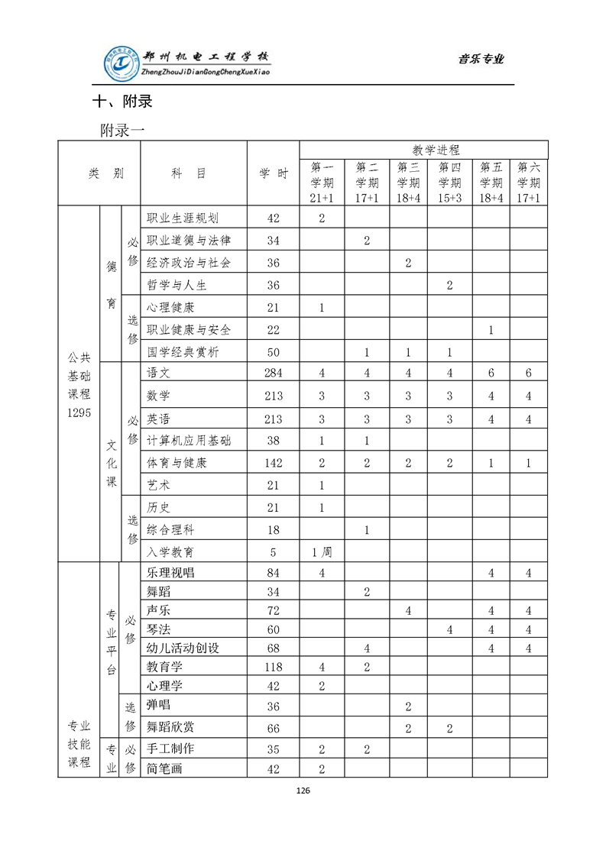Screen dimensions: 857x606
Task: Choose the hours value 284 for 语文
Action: [274, 373]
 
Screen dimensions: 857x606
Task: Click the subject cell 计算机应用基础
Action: [189, 440]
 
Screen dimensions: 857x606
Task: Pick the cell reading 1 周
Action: [322, 551]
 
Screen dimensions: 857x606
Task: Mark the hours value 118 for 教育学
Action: [274, 667]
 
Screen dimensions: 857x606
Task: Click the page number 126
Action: [303, 791]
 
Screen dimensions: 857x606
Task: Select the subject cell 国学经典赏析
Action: [183, 352]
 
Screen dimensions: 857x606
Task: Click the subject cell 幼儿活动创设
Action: [183, 648]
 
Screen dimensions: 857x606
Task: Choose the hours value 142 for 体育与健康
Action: [274, 463]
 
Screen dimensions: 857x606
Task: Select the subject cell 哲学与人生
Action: [177, 286]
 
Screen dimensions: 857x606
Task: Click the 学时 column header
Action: [274, 173]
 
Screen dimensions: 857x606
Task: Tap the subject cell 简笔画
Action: [165, 768]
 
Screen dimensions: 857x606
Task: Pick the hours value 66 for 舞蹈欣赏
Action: [274, 728]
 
